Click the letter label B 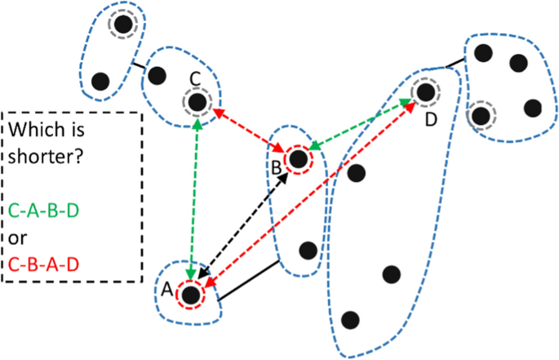(x=276, y=167)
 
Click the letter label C (x=194, y=78)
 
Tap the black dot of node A (x=192, y=295)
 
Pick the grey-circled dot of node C (x=197, y=103)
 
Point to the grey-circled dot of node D (x=424, y=92)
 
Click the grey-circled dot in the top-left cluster (x=122, y=25)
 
